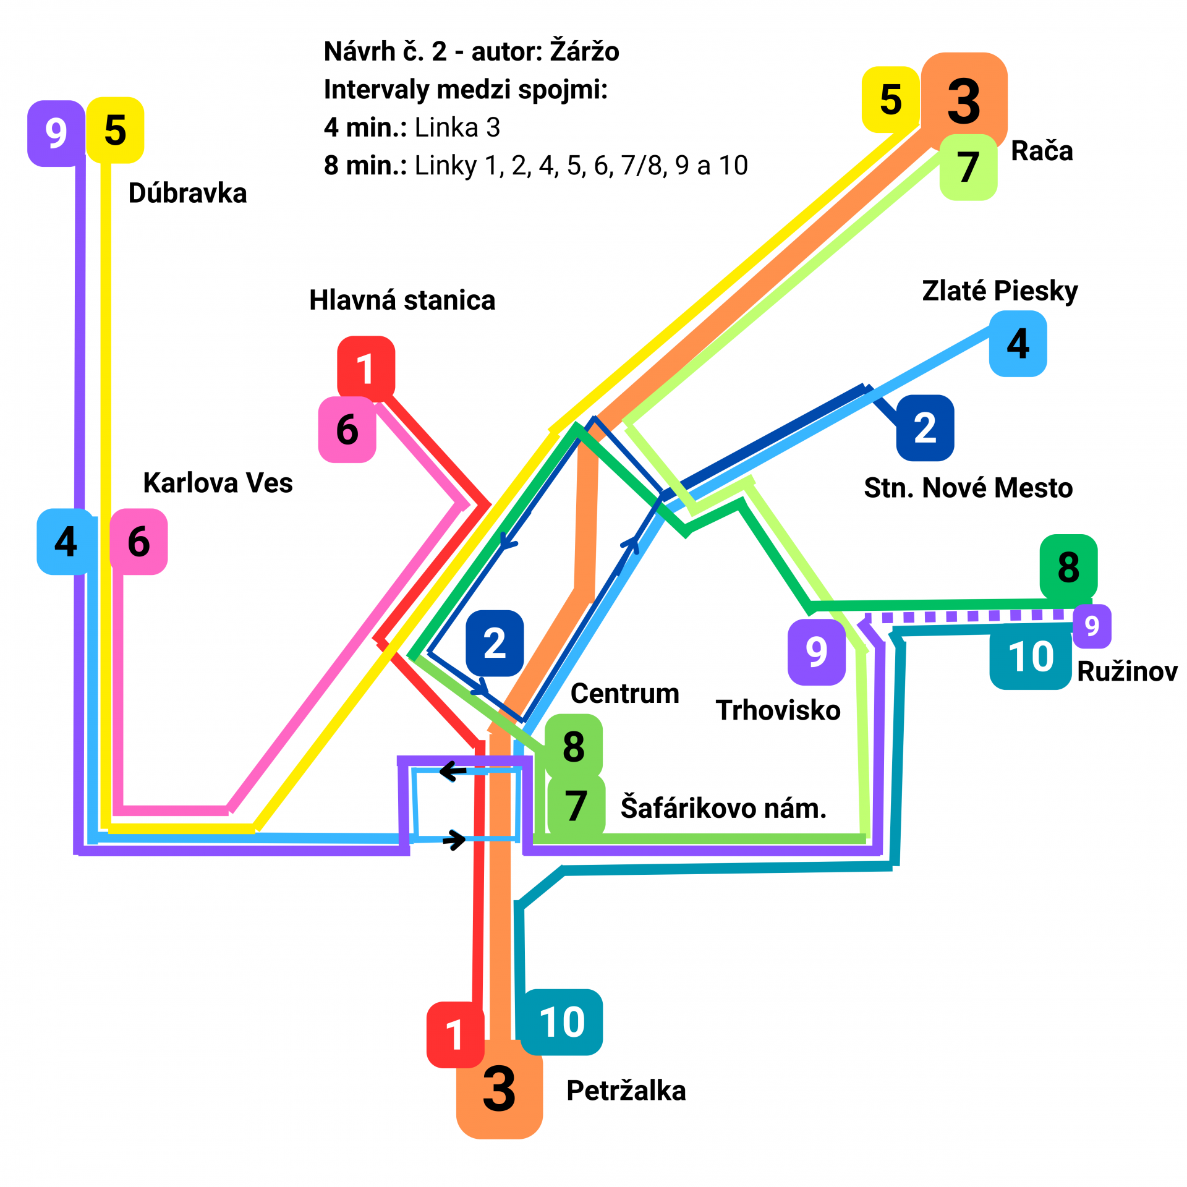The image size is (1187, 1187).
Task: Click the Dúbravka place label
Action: point(187,194)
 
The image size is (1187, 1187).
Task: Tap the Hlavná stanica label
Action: point(402,300)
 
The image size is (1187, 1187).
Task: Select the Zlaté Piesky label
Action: point(1000,291)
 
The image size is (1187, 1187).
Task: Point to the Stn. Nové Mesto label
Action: point(968,488)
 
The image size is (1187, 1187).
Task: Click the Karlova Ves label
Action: point(218,483)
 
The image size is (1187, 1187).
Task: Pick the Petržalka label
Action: point(626,1091)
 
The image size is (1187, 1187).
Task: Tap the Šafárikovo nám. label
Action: point(723,808)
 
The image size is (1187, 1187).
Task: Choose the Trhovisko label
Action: point(778,710)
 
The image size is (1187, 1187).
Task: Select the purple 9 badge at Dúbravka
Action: point(56,134)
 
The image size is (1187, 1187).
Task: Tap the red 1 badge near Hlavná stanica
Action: point(365,368)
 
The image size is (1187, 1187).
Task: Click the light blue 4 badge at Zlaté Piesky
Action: point(1018,344)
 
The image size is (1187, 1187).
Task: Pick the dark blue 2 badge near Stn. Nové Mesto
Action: point(925,428)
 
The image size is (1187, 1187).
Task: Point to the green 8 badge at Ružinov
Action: point(1068,567)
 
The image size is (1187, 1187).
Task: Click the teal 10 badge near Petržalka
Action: point(561,1022)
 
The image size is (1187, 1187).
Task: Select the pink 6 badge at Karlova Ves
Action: point(138,542)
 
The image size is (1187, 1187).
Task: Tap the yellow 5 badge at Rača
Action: point(890,100)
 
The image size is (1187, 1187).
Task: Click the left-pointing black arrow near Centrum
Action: point(453,771)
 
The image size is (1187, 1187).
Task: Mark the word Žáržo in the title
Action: point(584,51)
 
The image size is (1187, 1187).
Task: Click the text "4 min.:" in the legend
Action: point(365,127)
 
